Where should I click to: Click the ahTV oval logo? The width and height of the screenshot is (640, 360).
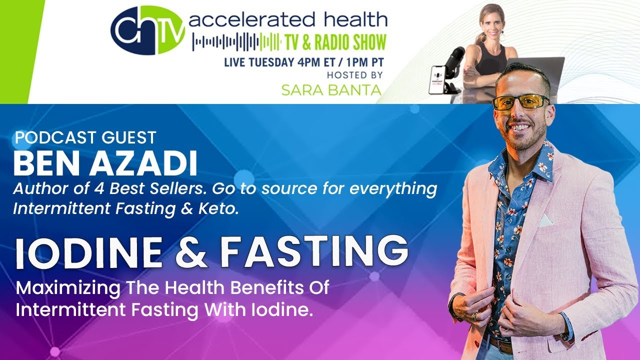coord(147,31)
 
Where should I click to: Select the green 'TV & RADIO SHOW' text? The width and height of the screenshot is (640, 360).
coord(336,42)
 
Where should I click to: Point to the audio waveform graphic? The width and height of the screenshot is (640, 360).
coord(236,42)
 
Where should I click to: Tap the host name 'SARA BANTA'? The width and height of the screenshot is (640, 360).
coord(331,90)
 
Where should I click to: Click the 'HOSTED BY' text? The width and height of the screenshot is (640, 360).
coord(354,75)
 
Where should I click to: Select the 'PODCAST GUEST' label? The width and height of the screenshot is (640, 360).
coord(85,137)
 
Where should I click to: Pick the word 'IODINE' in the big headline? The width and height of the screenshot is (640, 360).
coord(89,252)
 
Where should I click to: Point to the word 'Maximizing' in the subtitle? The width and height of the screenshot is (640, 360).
coord(68,288)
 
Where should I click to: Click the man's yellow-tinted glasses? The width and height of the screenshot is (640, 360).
coord(522,102)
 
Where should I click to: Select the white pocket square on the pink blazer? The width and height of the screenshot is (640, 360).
coord(545,220)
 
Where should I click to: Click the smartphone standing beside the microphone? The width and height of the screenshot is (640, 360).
coord(437,80)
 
